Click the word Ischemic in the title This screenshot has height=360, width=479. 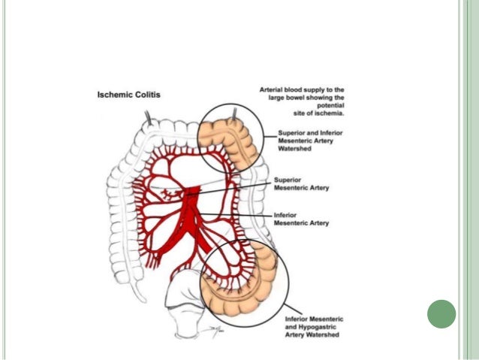click(x=116, y=95)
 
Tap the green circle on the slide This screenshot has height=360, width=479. click(x=441, y=313)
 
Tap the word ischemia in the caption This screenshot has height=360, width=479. click(x=330, y=113)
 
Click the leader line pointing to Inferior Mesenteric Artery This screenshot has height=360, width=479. click(x=248, y=216)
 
